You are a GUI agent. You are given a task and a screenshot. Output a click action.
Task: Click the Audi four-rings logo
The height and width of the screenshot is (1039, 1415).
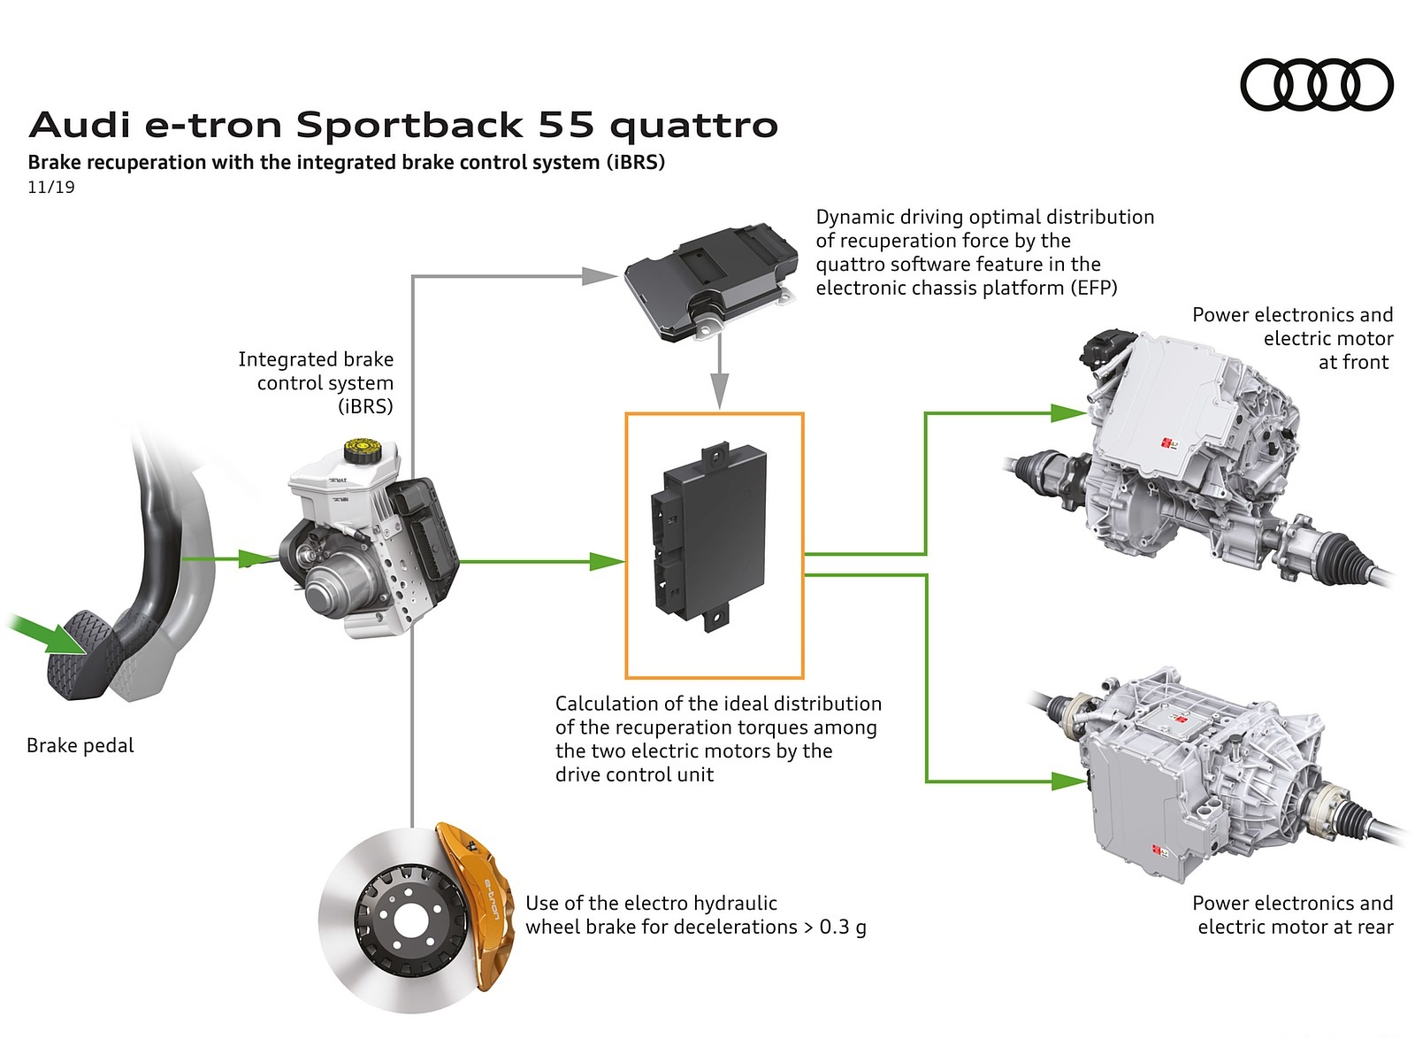(1317, 85)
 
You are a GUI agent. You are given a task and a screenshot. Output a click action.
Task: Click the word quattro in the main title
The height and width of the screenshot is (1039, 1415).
(693, 127)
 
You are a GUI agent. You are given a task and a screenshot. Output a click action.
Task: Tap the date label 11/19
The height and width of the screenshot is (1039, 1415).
(51, 187)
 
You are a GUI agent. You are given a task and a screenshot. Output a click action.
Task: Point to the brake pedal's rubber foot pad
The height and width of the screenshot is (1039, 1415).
(84, 652)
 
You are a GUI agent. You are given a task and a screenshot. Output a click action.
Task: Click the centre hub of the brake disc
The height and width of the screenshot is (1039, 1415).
(409, 921)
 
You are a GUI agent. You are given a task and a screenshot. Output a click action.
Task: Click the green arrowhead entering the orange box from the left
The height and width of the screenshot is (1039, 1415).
(608, 561)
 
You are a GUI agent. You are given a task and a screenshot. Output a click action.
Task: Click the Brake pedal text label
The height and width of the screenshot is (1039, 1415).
(80, 745)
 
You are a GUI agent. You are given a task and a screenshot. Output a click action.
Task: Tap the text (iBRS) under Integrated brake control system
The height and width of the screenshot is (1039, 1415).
(365, 406)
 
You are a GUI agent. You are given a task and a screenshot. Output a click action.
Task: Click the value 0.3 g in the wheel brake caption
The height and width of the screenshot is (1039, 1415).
(842, 927)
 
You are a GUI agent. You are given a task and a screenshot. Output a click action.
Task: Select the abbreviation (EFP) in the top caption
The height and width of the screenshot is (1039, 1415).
(1093, 288)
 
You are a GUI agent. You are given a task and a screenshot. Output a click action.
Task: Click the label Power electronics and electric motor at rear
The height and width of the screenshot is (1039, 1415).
(1292, 914)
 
